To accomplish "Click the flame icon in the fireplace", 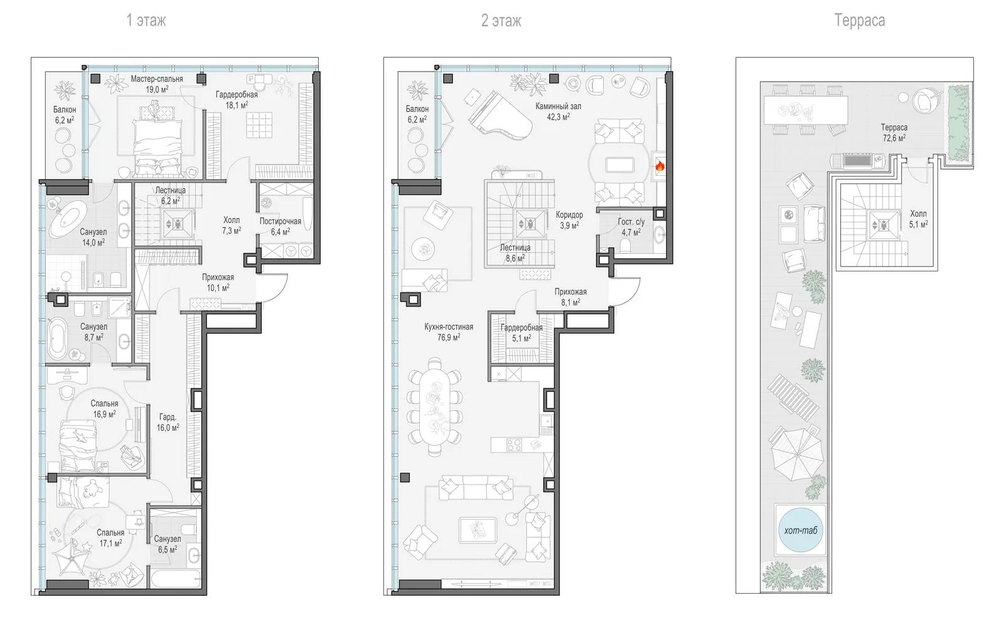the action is tap(660, 167).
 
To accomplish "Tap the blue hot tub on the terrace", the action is tap(801, 530).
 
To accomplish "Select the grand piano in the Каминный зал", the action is tap(499, 116).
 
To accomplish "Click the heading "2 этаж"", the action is tap(501, 21).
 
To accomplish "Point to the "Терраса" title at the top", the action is tap(859, 20).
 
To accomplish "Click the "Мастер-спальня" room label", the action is tap(157, 79).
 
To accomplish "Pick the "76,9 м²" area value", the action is tap(449, 337).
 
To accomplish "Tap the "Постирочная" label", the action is tap(280, 221).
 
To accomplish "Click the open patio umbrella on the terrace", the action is tap(796, 454).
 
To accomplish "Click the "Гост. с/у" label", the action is tap(631, 222).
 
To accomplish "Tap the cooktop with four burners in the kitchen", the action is tap(514, 445).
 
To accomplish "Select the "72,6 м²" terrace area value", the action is tap(894, 138).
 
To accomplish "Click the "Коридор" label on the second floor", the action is tap(569, 215).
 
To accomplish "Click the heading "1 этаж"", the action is tap(146, 21).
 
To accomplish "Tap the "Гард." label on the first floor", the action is tap(168, 417).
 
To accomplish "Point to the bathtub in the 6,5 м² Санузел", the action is tap(175, 579).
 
